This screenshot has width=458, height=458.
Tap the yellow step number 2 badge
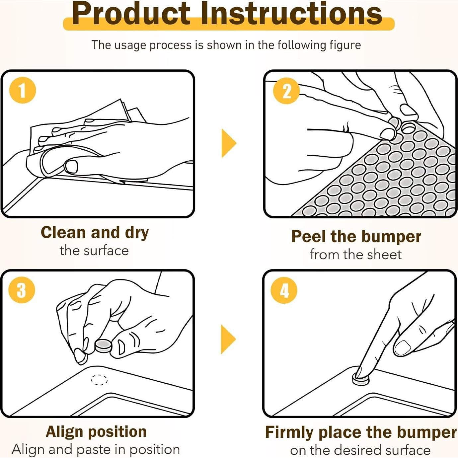click(286, 91)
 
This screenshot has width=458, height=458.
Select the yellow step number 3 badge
click(22, 290)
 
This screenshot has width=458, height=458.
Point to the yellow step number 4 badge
click(284, 290)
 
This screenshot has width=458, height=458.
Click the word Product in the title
click(131, 14)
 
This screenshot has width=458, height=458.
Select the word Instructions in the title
click(292, 14)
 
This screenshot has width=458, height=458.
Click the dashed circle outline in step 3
click(99, 380)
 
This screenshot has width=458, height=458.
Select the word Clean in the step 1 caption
click(63, 233)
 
